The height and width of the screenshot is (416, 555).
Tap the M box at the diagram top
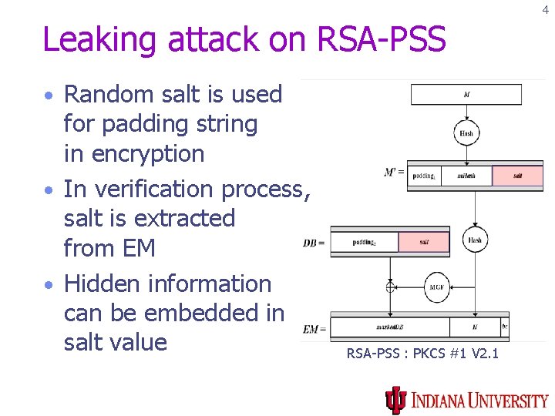(x=466, y=95)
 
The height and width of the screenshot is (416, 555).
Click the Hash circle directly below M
(x=466, y=133)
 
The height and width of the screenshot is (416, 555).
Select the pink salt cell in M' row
(x=517, y=176)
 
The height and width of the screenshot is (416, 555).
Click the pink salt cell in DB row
(x=424, y=242)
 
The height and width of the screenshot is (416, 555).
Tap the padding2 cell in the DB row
(x=365, y=242)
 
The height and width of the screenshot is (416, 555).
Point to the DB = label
(x=314, y=243)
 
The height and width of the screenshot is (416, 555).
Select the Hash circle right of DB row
(x=475, y=240)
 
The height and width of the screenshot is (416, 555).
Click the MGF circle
(x=436, y=287)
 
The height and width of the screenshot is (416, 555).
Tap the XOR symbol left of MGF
(x=391, y=287)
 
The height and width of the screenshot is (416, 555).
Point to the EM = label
(x=314, y=329)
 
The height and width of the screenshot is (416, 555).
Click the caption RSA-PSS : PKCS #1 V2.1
(x=422, y=354)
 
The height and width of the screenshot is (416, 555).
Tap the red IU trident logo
(x=395, y=400)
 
